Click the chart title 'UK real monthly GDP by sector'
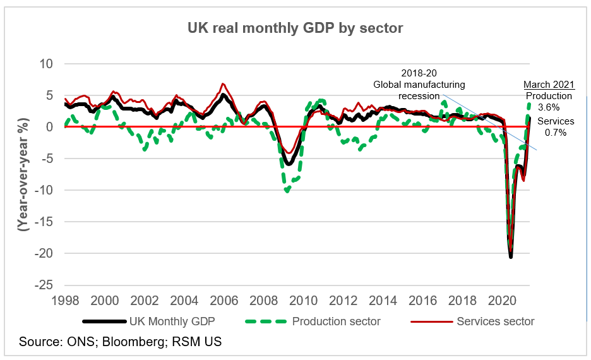click(295, 28)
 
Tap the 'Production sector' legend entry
click(336, 321)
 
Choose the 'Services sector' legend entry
click(496, 321)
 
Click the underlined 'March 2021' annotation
click(549, 85)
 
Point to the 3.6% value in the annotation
click(549, 107)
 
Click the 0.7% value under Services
click(556, 133)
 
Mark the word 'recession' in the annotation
click(423, 96)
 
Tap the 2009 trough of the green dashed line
click(287, 190)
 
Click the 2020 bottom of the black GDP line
click(511, 256)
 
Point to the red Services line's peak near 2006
click(222, 83)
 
